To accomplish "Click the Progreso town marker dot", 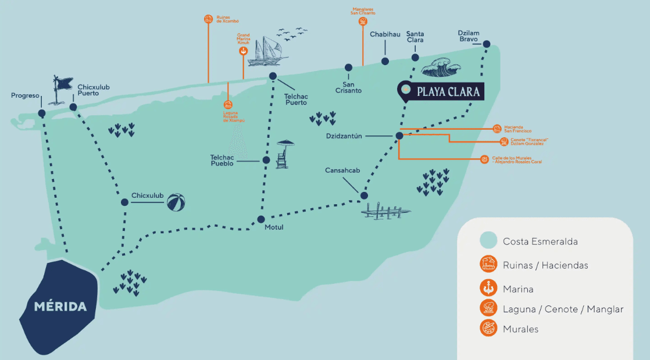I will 42,113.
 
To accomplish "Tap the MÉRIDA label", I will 60,306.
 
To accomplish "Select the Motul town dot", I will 261,219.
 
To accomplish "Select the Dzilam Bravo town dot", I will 487,44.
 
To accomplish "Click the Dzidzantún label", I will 345,136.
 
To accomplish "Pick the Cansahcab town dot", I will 364,195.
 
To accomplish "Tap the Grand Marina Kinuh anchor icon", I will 243,51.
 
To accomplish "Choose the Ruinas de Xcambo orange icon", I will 208,19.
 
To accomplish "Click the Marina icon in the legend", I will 488,287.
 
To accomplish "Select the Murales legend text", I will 520,329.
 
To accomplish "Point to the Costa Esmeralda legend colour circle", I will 488,241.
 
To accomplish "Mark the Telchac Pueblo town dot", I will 266,160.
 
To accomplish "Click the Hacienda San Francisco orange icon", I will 497,129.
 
